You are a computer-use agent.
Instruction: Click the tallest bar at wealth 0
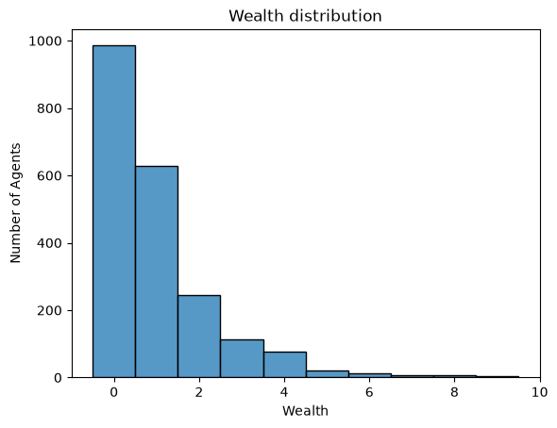(114, 211)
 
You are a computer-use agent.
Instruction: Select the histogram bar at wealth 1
(157, 272)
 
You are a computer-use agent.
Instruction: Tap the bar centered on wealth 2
(199, 337)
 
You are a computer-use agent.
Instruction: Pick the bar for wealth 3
(242, 358)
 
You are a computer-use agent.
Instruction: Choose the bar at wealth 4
(285, 365)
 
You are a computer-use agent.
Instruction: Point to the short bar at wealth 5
(328, 374)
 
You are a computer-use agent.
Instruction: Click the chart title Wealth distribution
(305, 16)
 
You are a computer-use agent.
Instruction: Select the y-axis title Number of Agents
(15, 204)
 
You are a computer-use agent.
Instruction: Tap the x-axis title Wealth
(305, 411)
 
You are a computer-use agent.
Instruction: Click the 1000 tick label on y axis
(45, 41)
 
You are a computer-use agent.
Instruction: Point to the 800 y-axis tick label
(49, 108)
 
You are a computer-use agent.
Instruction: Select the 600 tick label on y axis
(49, 176)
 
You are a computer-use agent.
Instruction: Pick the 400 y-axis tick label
(49, 243)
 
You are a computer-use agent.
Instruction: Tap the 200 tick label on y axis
(49, 310)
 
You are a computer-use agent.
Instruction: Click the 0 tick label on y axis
(58, 378)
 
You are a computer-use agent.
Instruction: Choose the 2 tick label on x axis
(199, 392)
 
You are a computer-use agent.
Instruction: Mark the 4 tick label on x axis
(284, 392)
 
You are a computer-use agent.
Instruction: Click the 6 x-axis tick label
(369, 392)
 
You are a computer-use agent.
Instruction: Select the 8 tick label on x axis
(455, 392)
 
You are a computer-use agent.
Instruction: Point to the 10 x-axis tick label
(540, 392)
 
